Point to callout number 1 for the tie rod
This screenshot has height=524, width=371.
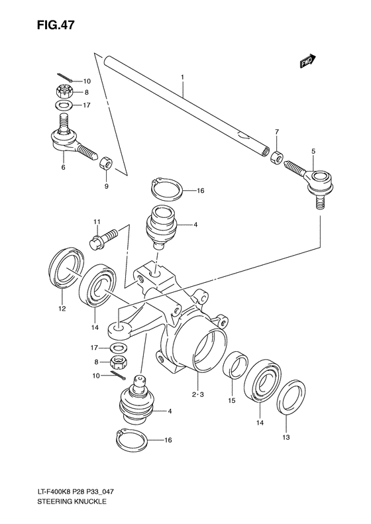(181, 77)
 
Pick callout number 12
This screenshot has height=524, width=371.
(62, 307)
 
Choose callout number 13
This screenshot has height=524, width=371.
(286, 437)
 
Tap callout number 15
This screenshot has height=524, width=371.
(231, 400)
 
